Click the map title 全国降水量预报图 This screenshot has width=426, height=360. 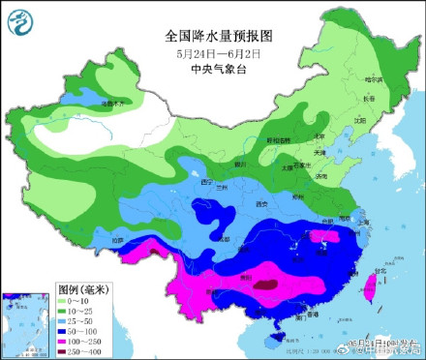(x=221, y=35)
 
